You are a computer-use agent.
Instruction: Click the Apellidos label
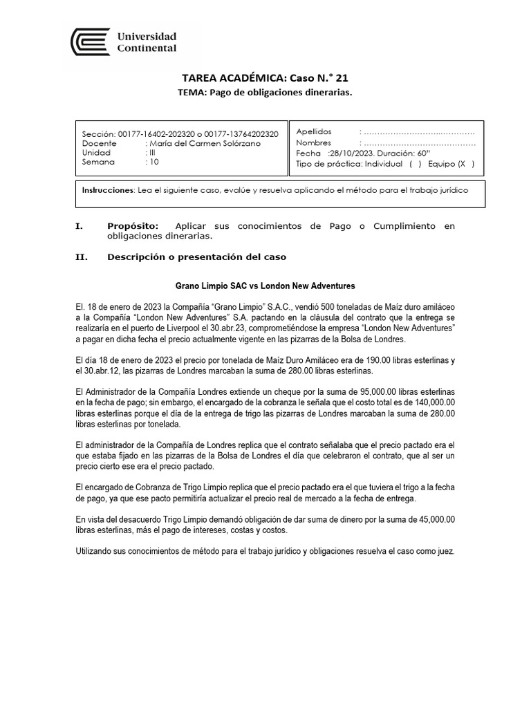pyautogui.click(x=314, y=131)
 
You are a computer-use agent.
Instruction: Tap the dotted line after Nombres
pyautogui.click(x=419, y=142)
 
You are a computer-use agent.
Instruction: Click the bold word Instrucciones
pyautogui.click(x=106, y=189)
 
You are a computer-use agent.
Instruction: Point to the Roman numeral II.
pyautogui.click(x=81, y=257)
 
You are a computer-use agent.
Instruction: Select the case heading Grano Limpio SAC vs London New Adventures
pyautogui.click(x=265, y=286)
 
